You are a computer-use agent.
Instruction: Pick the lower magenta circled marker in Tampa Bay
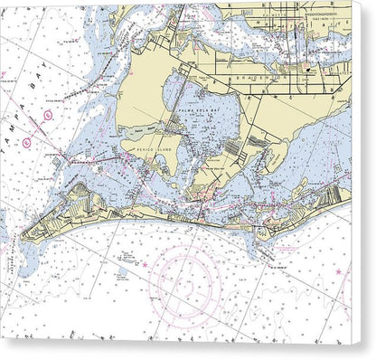point(27,142)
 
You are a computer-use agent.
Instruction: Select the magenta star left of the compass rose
point(143,265)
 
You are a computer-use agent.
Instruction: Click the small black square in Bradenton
point(306,69)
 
